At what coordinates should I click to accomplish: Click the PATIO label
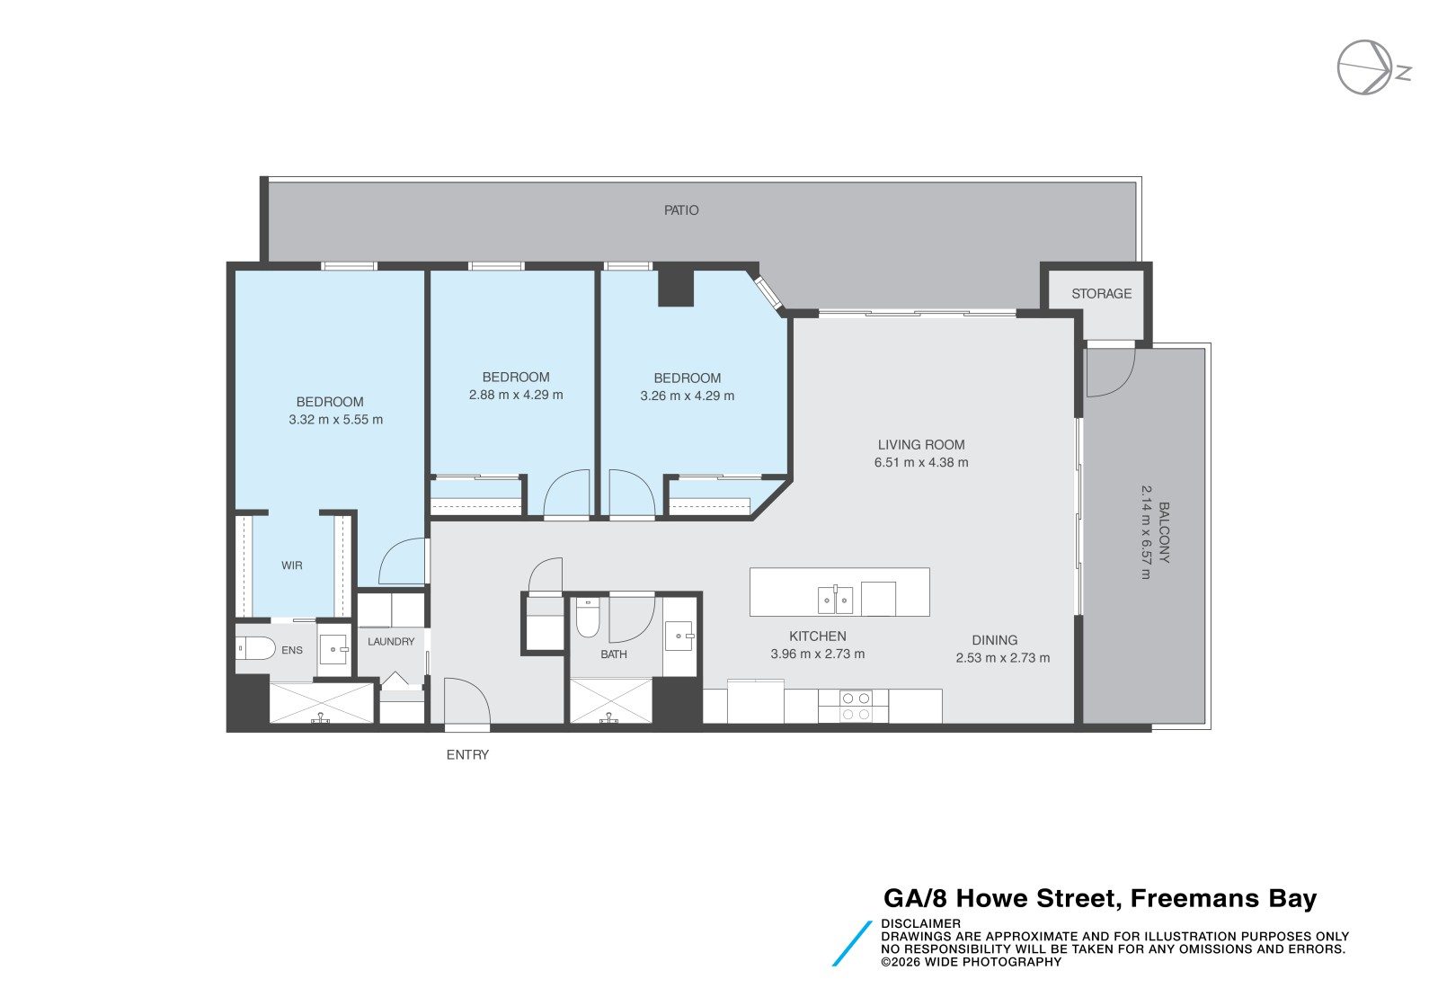681,210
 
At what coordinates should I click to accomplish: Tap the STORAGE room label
1101,293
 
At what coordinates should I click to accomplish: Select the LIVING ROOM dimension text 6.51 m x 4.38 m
921,462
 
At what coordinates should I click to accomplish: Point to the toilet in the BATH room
588,617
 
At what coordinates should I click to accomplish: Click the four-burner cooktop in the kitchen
856,706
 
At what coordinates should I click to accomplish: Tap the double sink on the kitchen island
835,601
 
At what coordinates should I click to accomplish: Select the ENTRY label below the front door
467,755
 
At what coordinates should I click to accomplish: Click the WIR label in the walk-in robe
291,565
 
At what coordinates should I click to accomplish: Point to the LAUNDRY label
391,641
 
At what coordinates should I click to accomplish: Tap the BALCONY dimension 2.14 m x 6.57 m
1146,532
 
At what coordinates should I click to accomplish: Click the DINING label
994,640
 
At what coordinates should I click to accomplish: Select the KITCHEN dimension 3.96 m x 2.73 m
817,654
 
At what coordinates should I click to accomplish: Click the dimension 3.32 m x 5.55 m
336,420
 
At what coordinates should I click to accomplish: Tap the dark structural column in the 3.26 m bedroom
676,287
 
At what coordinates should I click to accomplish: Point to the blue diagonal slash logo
852,944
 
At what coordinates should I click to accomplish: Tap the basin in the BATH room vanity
679,636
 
